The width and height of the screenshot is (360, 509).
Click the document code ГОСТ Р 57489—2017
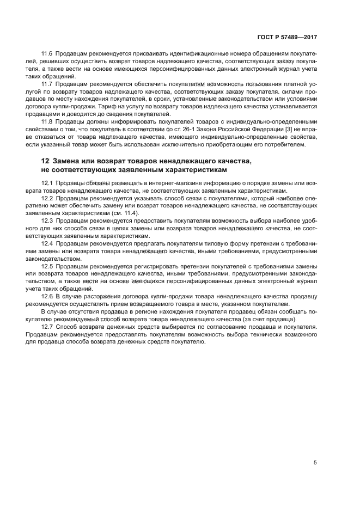pyautogui.click(x=287, y=38)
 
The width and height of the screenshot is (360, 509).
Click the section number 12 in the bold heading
pyautogui.click(x=45, y=162)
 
